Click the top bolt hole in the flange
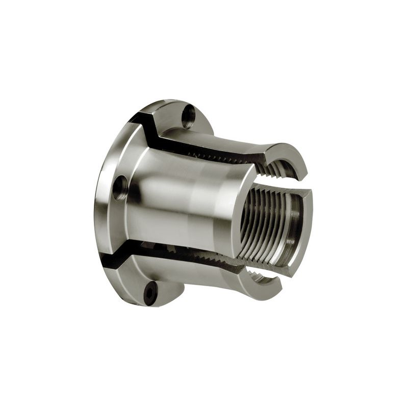tap(189, 116)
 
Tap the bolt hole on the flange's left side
tap(121, 187)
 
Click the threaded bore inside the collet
tap(265, 224)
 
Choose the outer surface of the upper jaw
tap(229, 140)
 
